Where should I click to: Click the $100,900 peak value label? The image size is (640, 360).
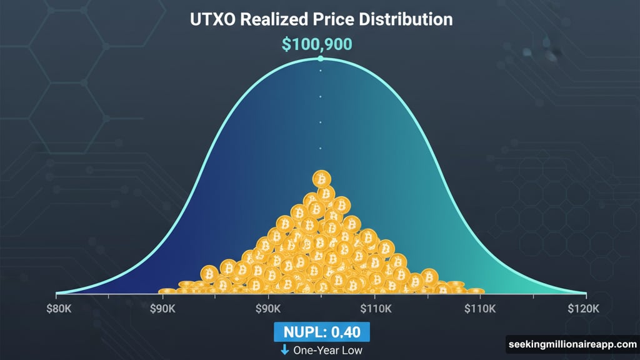[x=317, y=44]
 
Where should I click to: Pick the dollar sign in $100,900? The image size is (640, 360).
[x=286, y=44]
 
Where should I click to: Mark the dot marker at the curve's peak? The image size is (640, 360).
[x=321, y=59]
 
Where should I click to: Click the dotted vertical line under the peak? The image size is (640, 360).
[x=321, y=109]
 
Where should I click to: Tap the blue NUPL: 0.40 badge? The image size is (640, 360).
[x=321, y=331]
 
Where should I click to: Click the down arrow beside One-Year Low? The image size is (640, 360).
[x=284, y=349]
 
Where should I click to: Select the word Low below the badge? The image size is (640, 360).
[x=351, y=350]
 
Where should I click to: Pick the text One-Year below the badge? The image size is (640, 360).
[x=316, y=350]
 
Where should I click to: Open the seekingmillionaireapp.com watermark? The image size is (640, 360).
[x=571, y=344]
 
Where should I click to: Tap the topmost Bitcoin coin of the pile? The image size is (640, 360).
[x=322, y=179]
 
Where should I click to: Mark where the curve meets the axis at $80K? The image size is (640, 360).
[x=57, y=293]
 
